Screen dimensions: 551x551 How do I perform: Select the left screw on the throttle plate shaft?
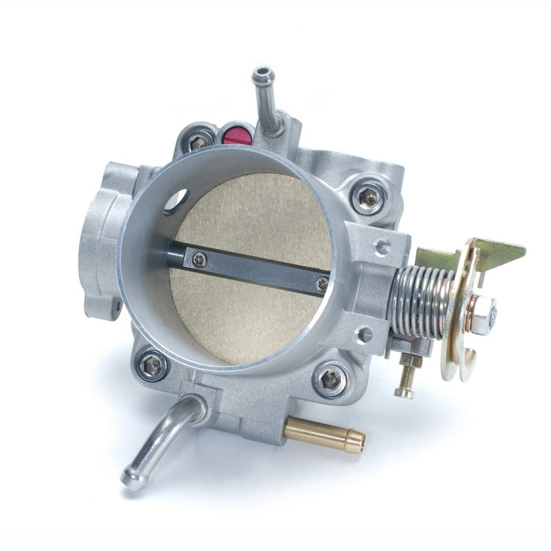tap(200, 259)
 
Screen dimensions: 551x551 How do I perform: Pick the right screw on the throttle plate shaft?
tap(322, 282)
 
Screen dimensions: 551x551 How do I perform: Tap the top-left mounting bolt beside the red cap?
tap(200, 141)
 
